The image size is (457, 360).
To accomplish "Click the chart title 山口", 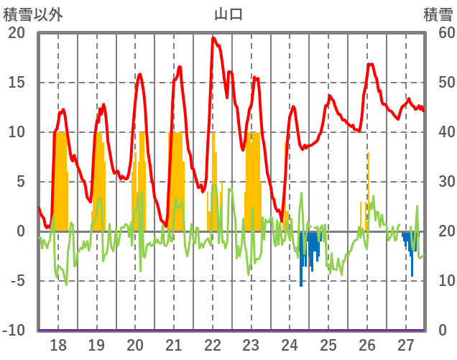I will [228, 14].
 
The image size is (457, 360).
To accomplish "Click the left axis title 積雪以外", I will [33, 14].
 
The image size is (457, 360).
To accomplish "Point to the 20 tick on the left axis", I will [17, 33].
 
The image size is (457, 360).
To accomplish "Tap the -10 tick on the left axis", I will [14, 331].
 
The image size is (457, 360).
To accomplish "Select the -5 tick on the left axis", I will [17, 281].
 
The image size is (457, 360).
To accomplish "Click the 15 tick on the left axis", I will [17, 83].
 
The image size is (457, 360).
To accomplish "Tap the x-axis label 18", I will [58, 346].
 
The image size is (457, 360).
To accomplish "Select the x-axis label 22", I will [213, 346].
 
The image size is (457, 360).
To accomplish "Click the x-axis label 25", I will [328, 346].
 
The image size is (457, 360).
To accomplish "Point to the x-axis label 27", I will [406, 346].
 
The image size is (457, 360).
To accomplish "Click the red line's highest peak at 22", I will [213, 38].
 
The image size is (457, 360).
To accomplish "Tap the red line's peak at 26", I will [370, 64].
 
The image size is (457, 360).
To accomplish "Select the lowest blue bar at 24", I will [301, 285].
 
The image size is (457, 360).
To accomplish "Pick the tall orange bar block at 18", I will [61, 180].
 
